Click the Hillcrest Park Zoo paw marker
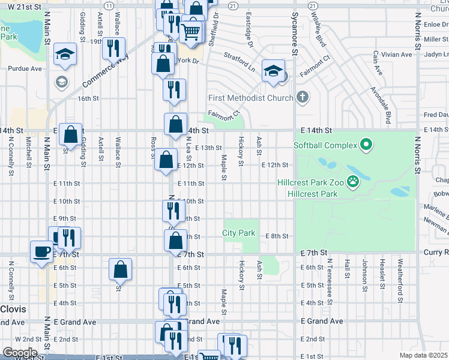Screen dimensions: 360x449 pyautogui.click(x=354, y=182)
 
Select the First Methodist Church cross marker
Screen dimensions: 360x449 pyautogui.click(x=302, y=97)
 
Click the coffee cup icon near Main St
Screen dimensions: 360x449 pyautogui.click(x=42, y=251)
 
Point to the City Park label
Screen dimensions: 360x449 pyautogui.click(x=239, y=233)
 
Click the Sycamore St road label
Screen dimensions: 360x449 pyautogui.click(x=295, y=36)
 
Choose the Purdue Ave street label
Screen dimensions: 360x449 pyautogui.click(x=28, y=69)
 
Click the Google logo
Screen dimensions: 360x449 pyautogui.click(x=20, y=352)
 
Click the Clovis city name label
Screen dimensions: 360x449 pyautogui.click(x=13, y=308)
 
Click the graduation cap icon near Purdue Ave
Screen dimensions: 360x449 pyautogui.click(x=64, y=54)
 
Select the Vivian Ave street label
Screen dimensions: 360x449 pyautogui.click(x=396, y=55)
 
